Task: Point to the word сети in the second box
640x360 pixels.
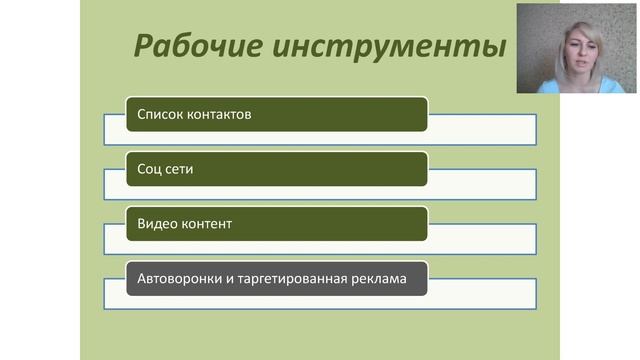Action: (x=180, y=169)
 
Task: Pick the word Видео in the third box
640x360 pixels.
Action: (x=157, y=224)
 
